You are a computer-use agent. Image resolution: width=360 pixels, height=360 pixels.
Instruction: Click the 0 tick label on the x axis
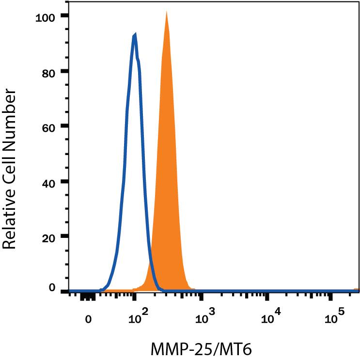(x=88, y=319)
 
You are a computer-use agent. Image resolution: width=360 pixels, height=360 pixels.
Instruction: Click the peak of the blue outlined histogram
(x=135, y=34)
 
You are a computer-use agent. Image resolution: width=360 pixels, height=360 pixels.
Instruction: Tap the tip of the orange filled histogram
(x=166, y=12)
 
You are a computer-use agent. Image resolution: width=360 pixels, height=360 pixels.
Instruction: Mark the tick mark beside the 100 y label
(x=64, y=16)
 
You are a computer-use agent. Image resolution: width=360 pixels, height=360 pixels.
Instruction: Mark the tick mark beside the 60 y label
(x=64, y=126)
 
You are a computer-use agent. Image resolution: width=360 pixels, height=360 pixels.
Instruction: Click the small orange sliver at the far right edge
(x=357, y=289)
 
